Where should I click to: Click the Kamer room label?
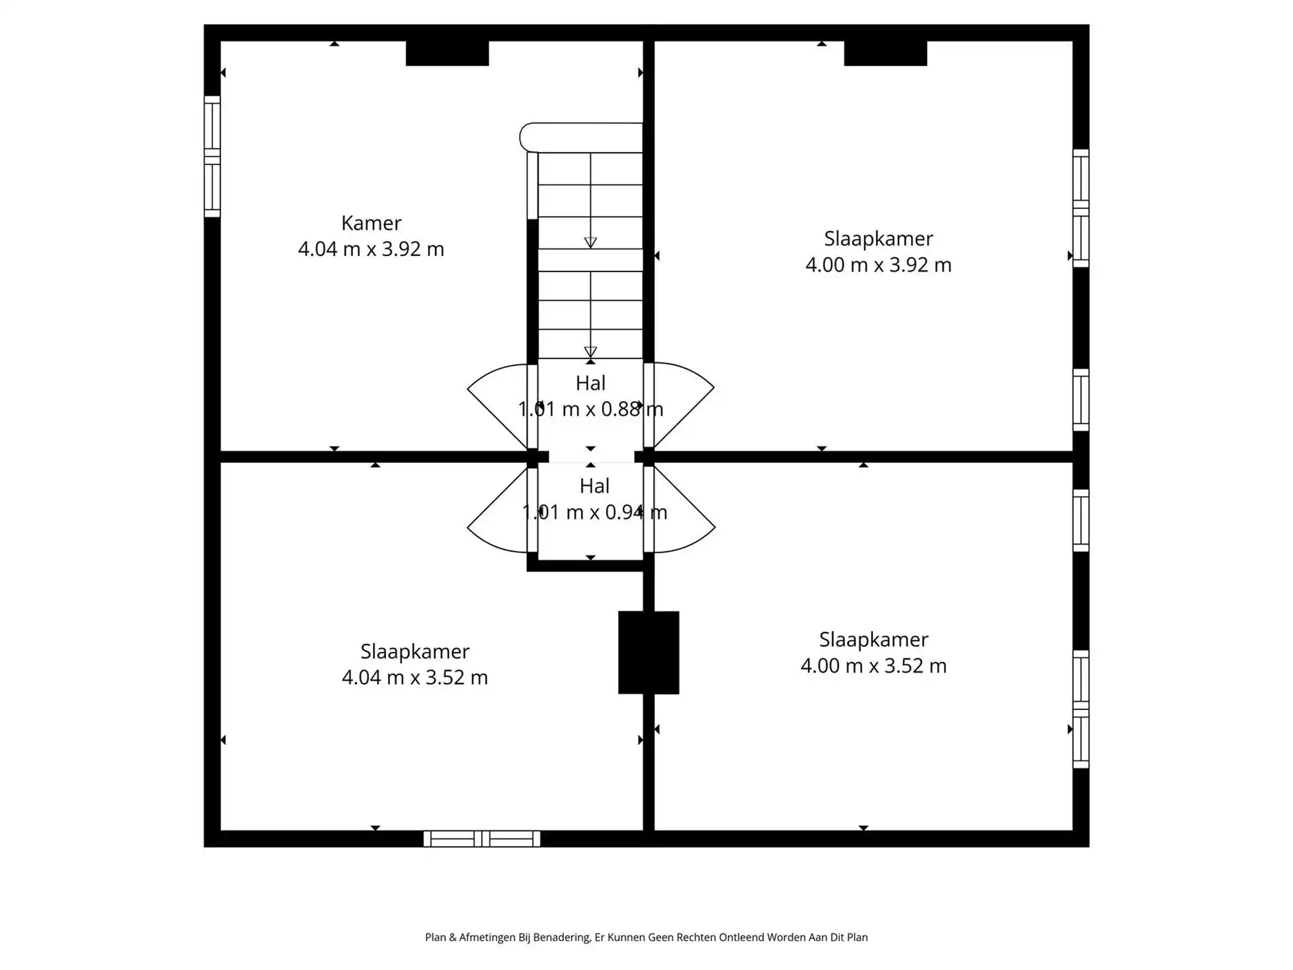pos(371,223)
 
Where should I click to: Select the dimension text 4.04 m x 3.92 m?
pos(371,249)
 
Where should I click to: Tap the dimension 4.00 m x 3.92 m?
pos(878,265)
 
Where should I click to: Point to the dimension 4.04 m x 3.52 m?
pos(414,677)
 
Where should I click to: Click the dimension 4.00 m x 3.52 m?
pos(873,666)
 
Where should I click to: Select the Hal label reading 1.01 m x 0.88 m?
pos(590,396)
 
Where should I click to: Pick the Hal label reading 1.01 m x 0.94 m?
pos(594,499)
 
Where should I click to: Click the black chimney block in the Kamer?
pos(447,54)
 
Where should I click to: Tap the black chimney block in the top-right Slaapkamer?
pos(885,54)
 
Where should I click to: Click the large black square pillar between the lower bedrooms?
pos(648,652)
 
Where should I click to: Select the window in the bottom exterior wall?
pos(482,839)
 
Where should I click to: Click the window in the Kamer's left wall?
pos(212,156)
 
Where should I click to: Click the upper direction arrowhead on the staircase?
pos(590,242)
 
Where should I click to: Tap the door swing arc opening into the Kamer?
pos(495,404)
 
